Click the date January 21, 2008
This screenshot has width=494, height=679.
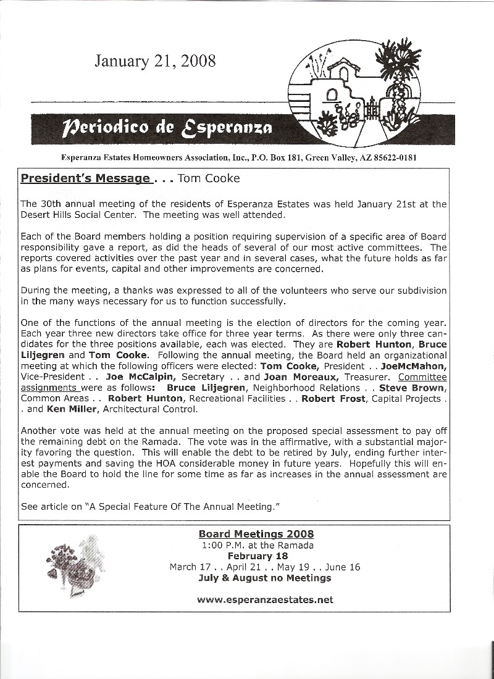coord(155,60)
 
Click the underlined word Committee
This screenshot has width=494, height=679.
coord(431,376)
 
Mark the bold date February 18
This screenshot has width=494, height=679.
coord(256,556)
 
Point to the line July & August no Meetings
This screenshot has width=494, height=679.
coord(264,578)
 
